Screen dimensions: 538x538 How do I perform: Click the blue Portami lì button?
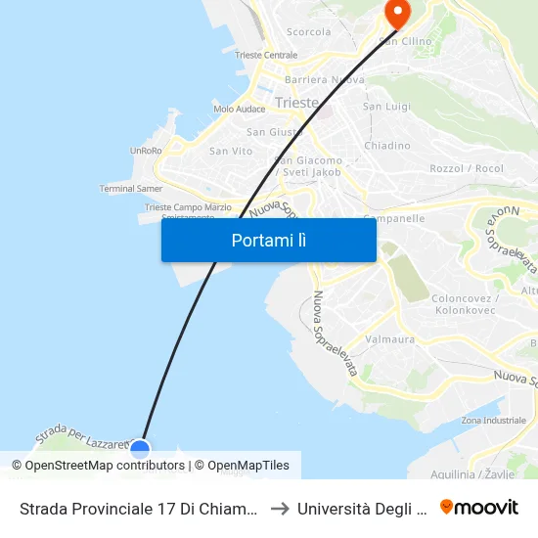(268, 240)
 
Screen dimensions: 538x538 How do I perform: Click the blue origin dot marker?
(140, 449)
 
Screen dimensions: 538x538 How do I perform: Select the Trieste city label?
(296, 103)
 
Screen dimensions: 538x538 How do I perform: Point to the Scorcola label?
(308, 32)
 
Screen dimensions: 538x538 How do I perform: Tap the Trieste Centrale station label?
(266, 56)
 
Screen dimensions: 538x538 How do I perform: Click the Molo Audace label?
(239, 109)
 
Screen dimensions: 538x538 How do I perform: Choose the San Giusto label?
(270, 132)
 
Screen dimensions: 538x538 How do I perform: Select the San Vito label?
(231, 151)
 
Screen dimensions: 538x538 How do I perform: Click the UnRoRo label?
(146, 151)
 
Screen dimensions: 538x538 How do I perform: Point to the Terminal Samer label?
(131, 188)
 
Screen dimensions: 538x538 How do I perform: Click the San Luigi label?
(385, 106)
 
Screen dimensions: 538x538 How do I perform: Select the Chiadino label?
(386, 146)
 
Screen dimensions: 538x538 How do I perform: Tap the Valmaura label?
(389, 339)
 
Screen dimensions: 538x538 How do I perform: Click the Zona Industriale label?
(493, 420)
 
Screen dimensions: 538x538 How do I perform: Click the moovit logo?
(478, 508)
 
